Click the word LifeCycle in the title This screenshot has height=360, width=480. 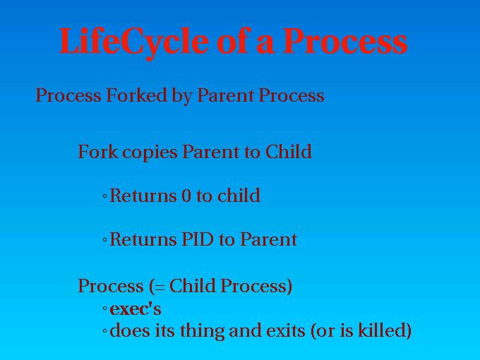pos(133,42)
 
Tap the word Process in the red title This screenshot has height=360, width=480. pos(344,42)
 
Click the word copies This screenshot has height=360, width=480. pos(150,152)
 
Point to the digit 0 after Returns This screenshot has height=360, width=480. pos(186,196)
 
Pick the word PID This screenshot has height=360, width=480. pos(197,239)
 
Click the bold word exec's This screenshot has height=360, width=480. pos(136,309)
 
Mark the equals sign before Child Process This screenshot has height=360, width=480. pos(160,288)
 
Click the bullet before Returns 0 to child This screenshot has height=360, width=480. pos(104,196)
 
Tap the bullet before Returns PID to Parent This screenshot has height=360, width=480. pos(104,240)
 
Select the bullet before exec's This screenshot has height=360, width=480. pos(104,308)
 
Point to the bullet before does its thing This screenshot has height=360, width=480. pos(104,331)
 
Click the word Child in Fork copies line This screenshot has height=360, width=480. pos(289,151)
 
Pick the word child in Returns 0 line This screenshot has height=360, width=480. pos(239,195)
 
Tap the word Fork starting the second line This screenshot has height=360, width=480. pos(98,152)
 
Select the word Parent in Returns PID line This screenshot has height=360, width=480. pos(268,239)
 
